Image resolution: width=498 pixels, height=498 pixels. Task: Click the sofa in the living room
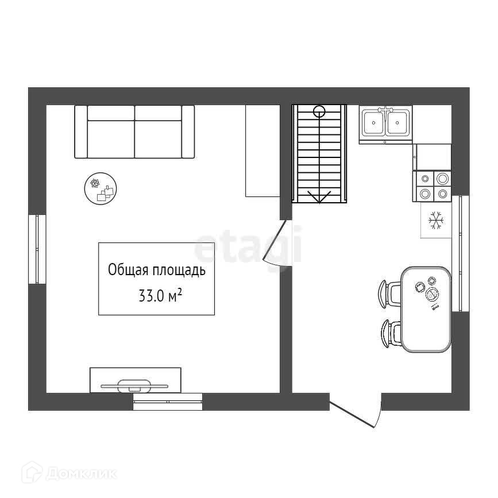134,132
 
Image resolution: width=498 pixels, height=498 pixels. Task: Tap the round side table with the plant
101,188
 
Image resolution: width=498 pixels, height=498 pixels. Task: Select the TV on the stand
134,386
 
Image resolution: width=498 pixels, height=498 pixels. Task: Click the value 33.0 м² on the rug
160,295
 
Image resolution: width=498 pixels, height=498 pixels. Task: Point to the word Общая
128,270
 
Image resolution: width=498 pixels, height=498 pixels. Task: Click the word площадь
179,271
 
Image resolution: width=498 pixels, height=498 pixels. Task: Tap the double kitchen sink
385,125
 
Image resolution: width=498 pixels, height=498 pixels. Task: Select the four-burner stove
432,187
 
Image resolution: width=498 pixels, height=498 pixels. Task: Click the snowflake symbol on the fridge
436,221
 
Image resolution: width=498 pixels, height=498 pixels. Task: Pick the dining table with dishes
426,310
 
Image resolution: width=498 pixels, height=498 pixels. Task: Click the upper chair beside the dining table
389,294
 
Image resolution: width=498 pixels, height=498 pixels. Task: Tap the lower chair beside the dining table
391,334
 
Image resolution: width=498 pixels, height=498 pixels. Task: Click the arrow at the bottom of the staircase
319,197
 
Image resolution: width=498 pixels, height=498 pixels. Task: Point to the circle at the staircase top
319,111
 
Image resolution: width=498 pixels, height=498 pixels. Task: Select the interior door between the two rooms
276,242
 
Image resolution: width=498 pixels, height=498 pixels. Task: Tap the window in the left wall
37,249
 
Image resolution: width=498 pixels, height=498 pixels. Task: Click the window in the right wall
461,253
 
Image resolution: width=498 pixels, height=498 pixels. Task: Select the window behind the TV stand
168,402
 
